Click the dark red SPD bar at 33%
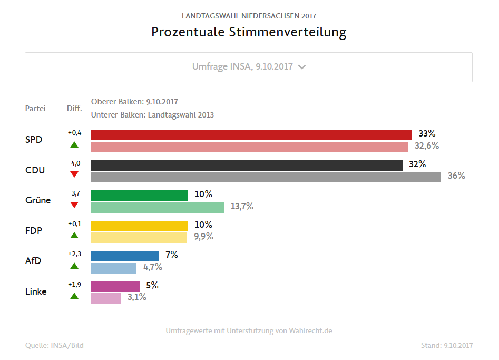click(x=251, y=134)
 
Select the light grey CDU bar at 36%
click(x=266, y=177)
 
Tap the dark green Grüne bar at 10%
click(x=139, y=196)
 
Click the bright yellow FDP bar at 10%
click(x=139, y=226)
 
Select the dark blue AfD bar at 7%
click(x=125, y=256)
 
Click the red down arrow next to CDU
click(x=74, y=174)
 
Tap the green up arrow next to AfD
click(x=74, y=266)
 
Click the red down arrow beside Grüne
click(x=74, y=205)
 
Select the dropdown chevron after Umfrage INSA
click(x=302, y=67)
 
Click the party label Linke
click(x=36, y=291)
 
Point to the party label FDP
click(x=34, y=231)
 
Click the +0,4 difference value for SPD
click(x=74, y=132)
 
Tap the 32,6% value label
click(x=426, y=145)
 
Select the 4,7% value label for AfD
click(x=152, y=267)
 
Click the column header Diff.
click(x=74, y=109)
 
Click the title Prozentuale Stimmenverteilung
click(x=249, y=32)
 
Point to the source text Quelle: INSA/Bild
click(x=54, y=346)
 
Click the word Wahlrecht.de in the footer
click(x=311, y=331)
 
